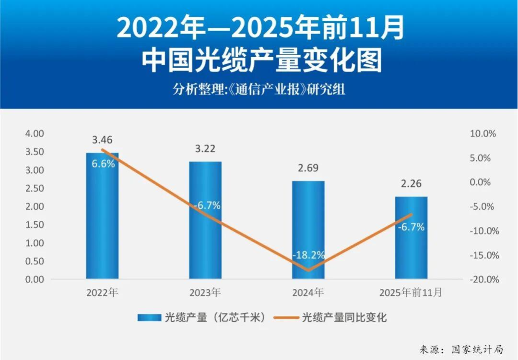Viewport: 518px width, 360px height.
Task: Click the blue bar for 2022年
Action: point(102,216)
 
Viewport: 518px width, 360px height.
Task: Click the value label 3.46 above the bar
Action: point(102,140)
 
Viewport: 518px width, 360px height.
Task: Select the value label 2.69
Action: point(308,168)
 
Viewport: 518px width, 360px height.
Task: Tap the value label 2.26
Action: point(411,184)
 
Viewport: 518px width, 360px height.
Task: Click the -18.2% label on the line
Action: point(308,255)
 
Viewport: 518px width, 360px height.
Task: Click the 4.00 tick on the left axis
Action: point(34,133)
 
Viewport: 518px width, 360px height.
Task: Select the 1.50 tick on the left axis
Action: point(34,225)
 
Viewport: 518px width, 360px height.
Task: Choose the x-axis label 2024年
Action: point(308,292)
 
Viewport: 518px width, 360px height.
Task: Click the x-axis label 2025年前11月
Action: point(411,292)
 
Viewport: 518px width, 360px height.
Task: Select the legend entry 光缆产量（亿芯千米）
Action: point(202,317)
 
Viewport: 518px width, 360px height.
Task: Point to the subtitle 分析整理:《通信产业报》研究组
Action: point(259,90)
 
